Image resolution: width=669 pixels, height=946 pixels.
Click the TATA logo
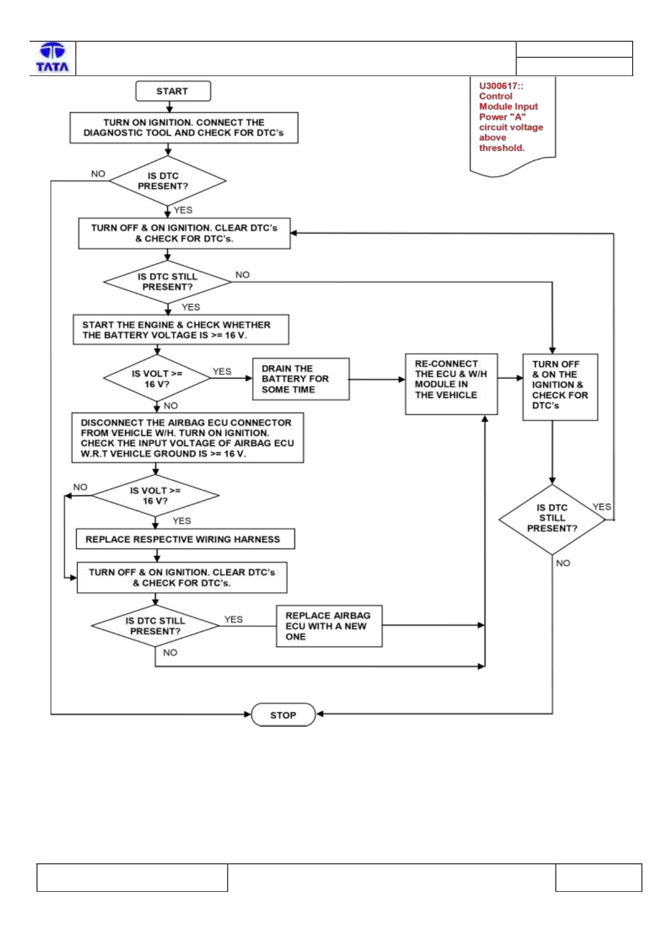(x=53, y=57)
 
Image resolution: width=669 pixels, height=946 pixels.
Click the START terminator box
(x=173, y=91)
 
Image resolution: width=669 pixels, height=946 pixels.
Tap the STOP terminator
(x=283, y=715)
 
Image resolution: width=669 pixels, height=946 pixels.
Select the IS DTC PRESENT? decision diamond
(x=168, y=181)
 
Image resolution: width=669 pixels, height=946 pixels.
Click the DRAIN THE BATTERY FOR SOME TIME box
(x=301, y=379)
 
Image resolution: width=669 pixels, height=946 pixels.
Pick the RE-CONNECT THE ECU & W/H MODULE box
(x=451, y=384)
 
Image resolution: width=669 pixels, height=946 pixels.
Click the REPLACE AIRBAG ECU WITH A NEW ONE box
(x=329, y=626)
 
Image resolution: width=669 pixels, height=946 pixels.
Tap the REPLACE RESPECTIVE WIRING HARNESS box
(x=186, y=539)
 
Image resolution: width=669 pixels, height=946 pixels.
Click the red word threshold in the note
(x=501, y=148)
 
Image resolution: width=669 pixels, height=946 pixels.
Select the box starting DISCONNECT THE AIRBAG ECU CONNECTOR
(x=187, y=438)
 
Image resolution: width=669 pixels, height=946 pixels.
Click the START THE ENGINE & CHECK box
(x=181, y=329)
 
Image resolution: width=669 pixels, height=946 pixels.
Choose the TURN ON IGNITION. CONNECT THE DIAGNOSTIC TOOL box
(x=184, y=127)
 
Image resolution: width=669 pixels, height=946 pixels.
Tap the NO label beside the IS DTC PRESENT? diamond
(x=98, y=173)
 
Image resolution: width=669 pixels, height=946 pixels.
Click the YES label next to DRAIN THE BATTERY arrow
(x=222, y=371)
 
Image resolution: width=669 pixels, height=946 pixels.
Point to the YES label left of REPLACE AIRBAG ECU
(x=234, y=619)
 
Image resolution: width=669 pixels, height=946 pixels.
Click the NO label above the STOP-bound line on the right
(x=563, y=563)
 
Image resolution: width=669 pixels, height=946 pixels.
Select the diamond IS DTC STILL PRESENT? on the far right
(x=552, y=519)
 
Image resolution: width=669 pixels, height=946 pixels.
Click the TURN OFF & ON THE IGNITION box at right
(x=560, y=387)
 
